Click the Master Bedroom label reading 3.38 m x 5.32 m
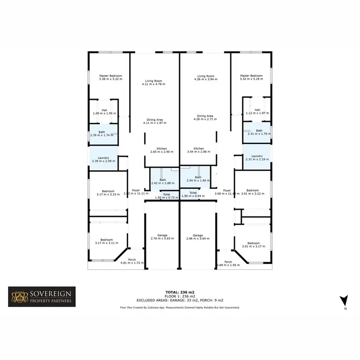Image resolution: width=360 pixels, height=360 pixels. [110, 77]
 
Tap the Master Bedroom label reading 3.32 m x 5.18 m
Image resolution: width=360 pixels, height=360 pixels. [251, 77]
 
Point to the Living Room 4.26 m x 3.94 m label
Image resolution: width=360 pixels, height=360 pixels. [205, 77]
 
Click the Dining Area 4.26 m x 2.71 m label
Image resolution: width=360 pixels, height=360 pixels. [205, 118]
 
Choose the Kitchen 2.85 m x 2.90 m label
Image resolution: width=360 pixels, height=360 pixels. [158, 150]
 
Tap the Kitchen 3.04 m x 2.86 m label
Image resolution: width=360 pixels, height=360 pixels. [199, 150]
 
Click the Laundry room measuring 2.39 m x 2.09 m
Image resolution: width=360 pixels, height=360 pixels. [104, 159]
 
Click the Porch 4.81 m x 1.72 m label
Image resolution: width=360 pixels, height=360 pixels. [132, 262]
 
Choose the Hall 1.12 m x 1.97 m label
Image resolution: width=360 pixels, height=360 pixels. [257, 111]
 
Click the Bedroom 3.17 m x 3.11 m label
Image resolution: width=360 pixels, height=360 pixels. [107, 241]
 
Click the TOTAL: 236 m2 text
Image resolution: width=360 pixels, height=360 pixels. [180, 292]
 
